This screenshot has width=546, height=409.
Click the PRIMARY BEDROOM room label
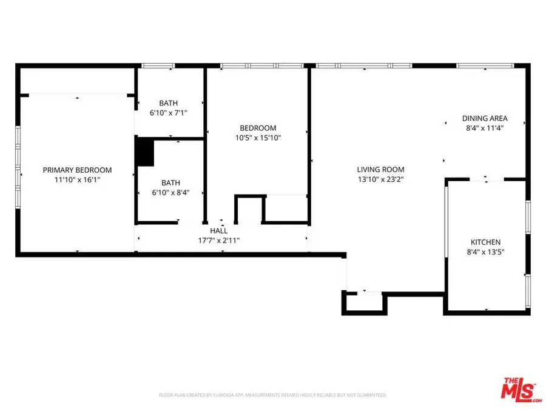77,170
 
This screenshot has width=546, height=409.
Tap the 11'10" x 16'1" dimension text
77,179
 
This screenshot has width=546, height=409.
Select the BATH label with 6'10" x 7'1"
169,103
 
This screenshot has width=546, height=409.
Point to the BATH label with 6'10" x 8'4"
170,182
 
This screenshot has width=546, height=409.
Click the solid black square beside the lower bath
144,152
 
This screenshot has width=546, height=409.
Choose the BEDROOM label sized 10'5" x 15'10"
258,128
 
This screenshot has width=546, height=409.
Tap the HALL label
219,231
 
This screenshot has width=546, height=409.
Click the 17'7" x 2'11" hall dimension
219,240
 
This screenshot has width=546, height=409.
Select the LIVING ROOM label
380,170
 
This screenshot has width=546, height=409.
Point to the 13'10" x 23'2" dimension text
380,179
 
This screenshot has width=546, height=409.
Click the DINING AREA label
485,118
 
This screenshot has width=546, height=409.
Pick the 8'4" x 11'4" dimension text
485,128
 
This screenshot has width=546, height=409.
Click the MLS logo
521,390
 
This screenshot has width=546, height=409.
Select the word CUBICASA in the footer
225,395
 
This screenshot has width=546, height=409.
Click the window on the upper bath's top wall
158,65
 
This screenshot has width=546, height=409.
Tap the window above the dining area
485,65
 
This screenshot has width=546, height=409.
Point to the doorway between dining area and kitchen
487,179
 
